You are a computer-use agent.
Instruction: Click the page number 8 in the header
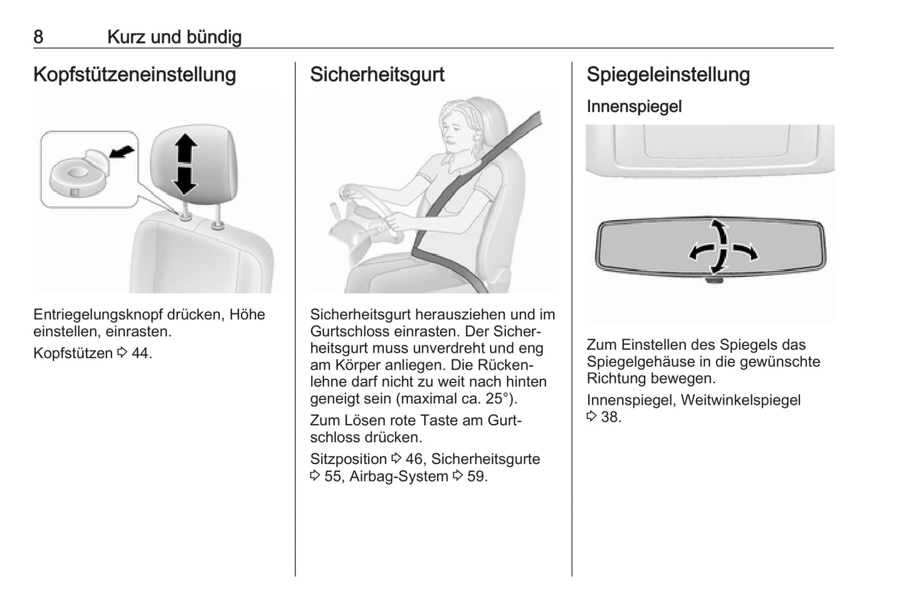click(38, 37)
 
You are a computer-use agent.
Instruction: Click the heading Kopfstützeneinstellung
click(135, 75)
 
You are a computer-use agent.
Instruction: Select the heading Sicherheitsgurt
click(377, 75)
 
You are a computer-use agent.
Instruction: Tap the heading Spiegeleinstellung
click(668, 75)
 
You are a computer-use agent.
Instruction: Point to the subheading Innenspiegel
click(635, 107)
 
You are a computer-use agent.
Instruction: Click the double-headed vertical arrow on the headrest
click(185, 164)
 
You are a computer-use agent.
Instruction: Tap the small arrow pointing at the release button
click(122, 152)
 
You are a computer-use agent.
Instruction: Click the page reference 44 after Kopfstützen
click(140, 354)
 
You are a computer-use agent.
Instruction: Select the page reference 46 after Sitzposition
click(414, 460)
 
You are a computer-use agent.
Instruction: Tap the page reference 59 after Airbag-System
click(476, 476)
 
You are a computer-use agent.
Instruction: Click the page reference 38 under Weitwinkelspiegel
click(609, 418)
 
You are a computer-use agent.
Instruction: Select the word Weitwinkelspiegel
click(740, 401)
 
